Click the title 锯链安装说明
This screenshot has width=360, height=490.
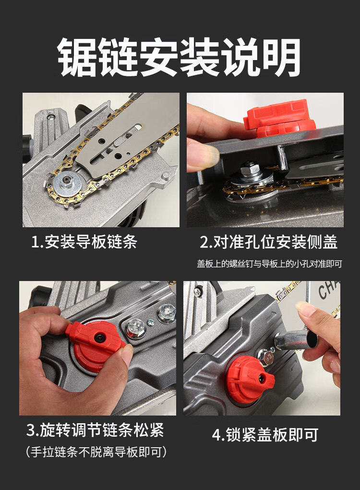tap(179, 57)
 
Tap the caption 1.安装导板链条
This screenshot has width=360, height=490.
tap(84, 242)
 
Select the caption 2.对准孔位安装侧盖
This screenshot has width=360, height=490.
tap(268, 242)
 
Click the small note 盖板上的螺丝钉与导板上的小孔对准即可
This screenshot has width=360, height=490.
tap(269, 264)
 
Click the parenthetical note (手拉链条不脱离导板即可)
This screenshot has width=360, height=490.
tap(96, 452)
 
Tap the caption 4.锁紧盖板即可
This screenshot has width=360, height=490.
tap(265, 434)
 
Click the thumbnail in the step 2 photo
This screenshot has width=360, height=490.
tap(203, 154)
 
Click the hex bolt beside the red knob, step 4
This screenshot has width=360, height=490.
tap(266, 356)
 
